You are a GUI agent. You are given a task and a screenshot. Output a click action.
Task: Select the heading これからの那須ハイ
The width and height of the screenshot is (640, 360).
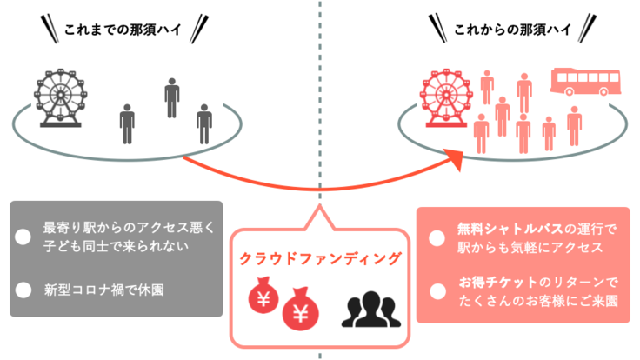point(512,30)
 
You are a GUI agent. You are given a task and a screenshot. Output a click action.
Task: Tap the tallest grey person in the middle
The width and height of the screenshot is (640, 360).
point(171,97)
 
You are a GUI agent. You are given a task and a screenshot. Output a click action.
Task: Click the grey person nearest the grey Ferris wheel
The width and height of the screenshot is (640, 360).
point(128,123)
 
